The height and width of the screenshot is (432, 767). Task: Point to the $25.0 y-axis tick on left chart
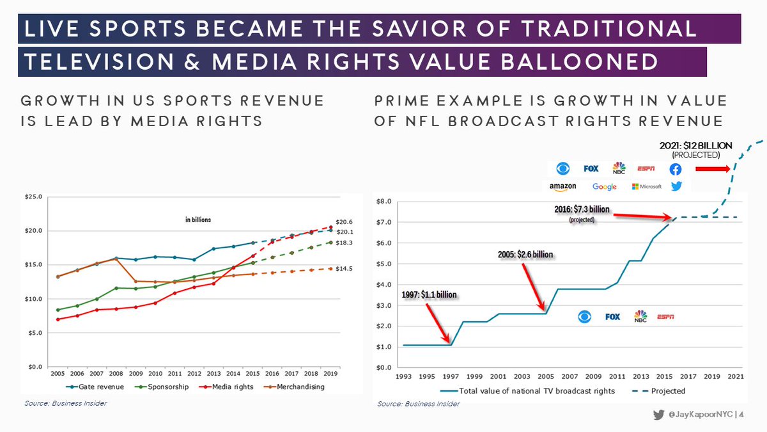[33, 197]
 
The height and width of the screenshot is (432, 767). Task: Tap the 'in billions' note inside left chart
[194, 220]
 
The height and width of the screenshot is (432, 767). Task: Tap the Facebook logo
[676, 169]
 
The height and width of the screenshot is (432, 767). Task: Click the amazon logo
[562, 186]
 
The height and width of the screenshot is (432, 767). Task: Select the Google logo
[604, 186]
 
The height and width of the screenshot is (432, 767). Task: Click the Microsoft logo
[646, 186]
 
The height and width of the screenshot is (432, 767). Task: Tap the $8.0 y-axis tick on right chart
[383, 201]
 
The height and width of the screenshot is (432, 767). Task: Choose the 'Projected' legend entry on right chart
[668, 390]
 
